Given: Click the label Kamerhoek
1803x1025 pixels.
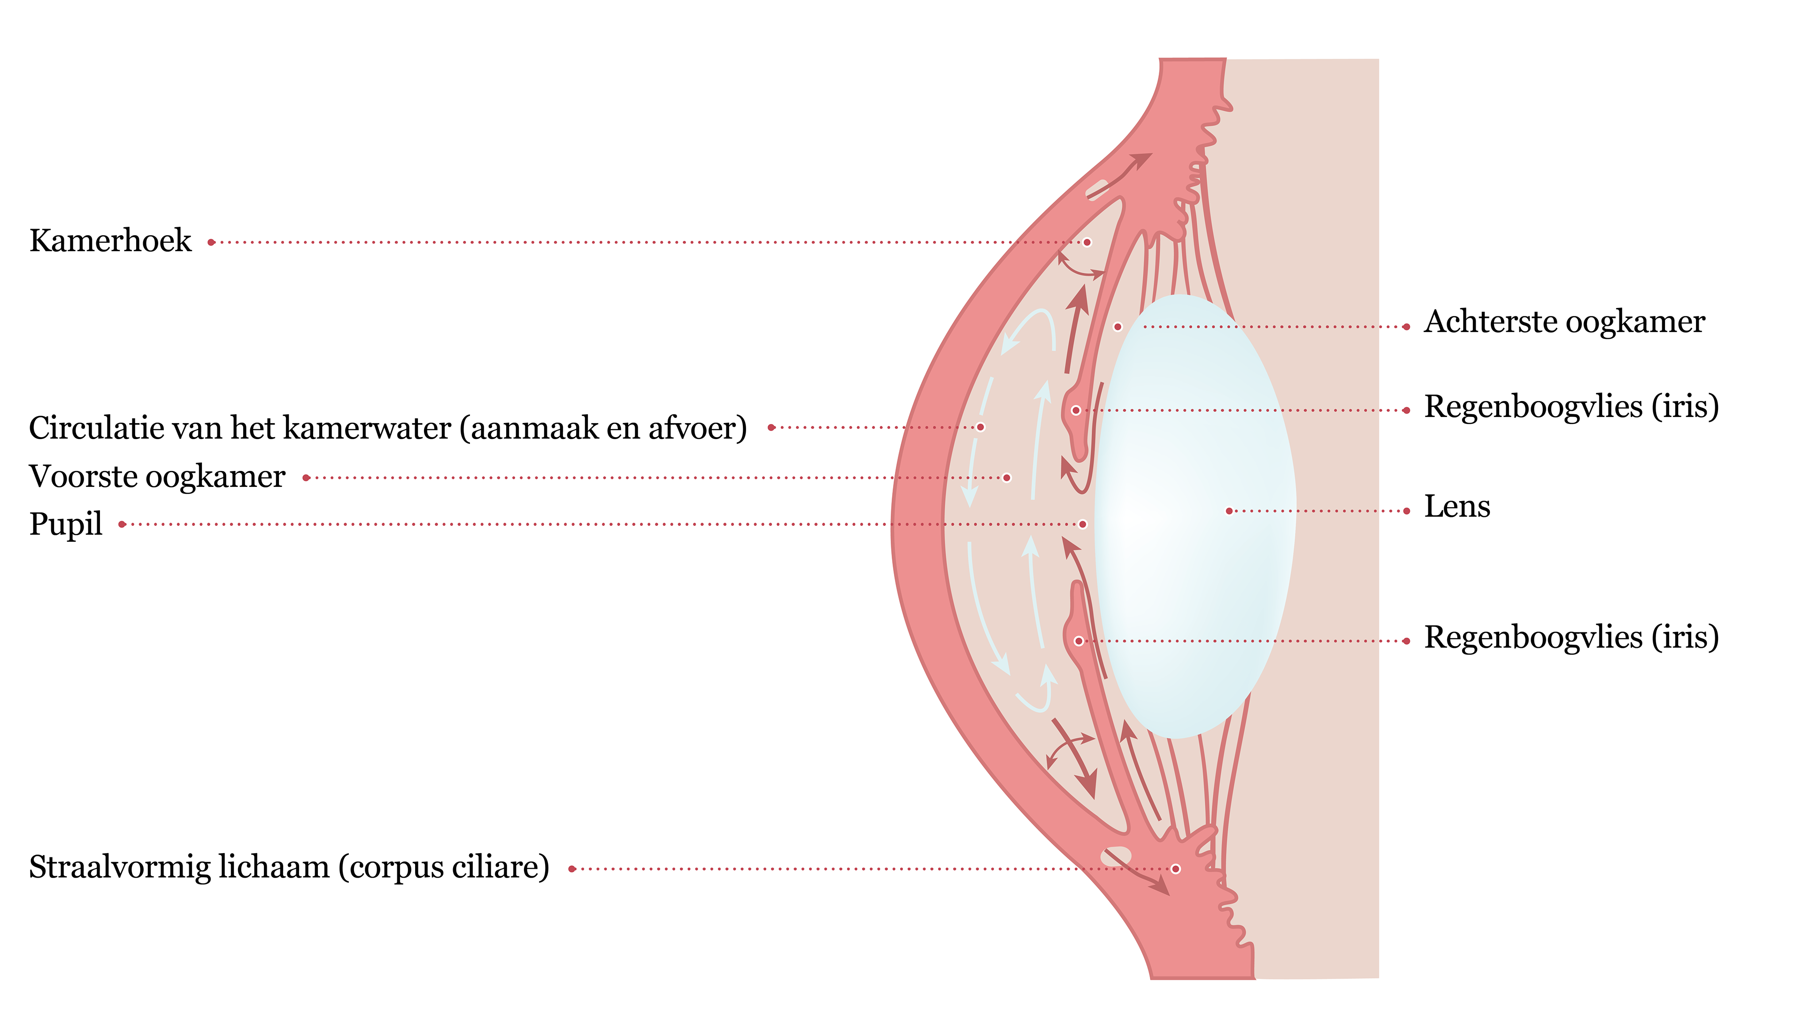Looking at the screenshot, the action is [x=110, y=241].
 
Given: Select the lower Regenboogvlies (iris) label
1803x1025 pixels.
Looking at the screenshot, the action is [x=1571, y=637].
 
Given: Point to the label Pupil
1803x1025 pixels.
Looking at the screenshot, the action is [x=65, y=524].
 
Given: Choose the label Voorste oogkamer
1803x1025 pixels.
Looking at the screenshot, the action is [x=157, y=477].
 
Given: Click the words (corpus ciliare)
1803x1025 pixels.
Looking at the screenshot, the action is [x=443, y=867].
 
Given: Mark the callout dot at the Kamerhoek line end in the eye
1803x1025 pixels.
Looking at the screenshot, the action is [x=1087, y=242].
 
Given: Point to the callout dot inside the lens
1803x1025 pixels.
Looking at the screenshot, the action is [x=1229, y=510].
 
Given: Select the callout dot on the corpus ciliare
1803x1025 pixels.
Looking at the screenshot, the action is [x=1175, y=869].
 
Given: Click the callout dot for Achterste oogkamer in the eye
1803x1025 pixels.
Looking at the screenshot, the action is [x=1117, y=327].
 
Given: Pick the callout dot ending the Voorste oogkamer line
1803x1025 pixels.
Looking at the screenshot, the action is [x=1007, y=478].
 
